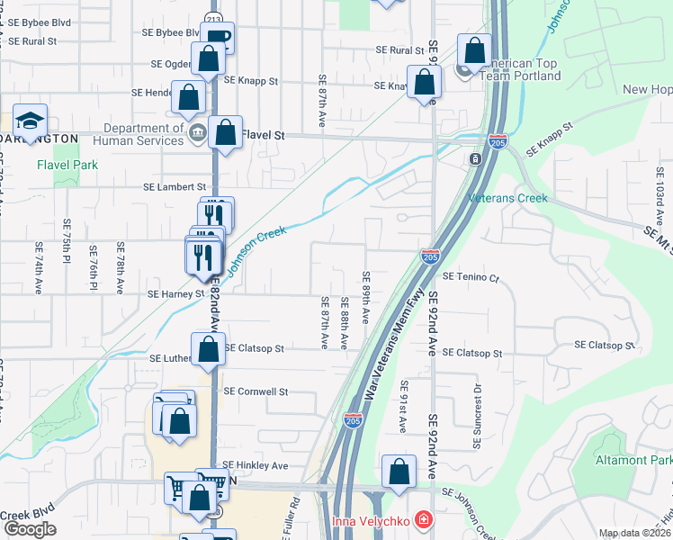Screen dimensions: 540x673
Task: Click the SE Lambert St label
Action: click(x=175, y=187)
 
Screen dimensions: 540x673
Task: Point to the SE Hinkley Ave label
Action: click(x=256, y=465)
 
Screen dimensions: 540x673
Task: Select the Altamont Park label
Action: click(x=633, y=460)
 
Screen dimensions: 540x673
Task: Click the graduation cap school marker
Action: click(x=30, y=121)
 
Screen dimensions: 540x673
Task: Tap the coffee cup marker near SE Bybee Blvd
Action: click(x=217, y=38)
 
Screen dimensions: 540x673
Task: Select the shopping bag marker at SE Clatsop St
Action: click(x=208, y=349)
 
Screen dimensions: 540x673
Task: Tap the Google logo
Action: click(x=29, y=529)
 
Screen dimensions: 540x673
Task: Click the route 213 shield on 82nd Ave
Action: click(x=212, y=17)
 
